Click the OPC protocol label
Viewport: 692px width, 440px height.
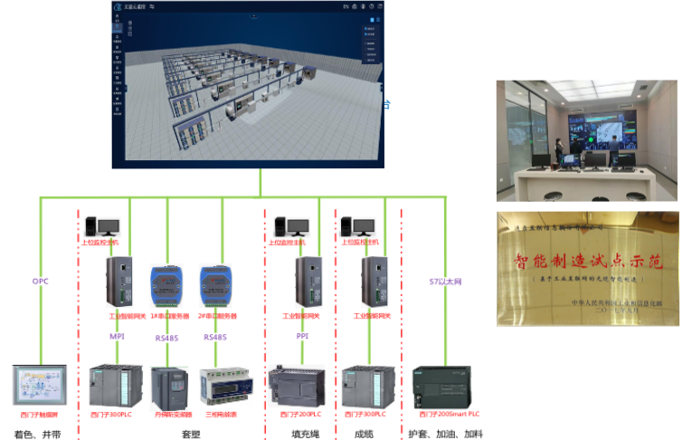coord(41,282)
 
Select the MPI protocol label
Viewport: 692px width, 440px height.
coord(117,336)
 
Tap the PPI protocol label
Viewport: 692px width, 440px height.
coord(302,336)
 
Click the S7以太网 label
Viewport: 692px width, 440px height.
coord(445,282)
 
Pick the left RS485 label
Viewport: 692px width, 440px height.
coord(167,338)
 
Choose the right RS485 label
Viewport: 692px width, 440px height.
coord(215,337)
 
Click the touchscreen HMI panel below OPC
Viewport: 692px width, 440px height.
coord(40,386)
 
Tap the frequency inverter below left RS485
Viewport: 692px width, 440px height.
coord(169,387)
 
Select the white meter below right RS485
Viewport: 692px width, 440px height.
coord(226,386)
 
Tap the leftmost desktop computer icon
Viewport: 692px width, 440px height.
coord(101,227)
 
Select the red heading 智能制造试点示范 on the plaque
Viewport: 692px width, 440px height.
coord(589,263)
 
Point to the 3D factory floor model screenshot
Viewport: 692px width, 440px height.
coord(247,87)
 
